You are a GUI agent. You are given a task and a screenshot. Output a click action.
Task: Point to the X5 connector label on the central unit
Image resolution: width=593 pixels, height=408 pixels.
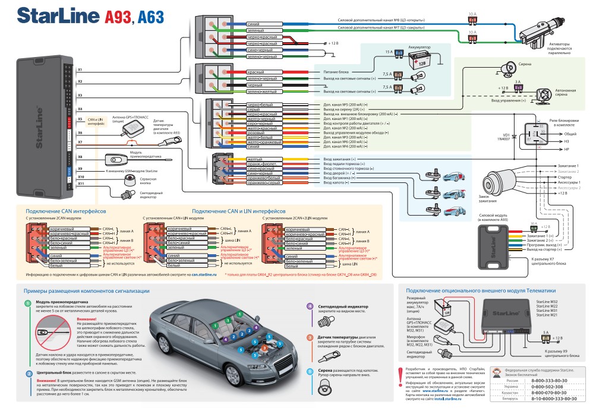tap(80, 119)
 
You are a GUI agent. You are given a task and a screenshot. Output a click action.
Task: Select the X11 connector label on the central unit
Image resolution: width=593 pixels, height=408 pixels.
tap(81, 184)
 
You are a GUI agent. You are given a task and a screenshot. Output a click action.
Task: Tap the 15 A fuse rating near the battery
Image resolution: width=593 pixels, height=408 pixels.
tap(389, 52)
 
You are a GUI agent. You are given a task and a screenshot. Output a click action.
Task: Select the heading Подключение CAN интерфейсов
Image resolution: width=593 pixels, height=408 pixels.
tap(65, 211)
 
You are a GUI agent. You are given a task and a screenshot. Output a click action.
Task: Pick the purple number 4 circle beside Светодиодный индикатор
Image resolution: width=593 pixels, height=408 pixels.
tap(310, 305)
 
